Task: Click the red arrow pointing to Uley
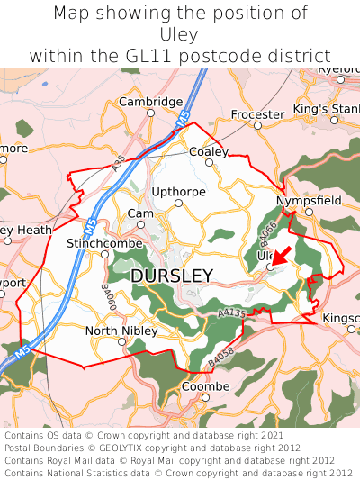281,256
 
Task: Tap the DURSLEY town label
172,276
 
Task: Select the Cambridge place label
151,102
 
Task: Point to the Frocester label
257,114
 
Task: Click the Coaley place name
209,152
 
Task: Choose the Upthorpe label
178,191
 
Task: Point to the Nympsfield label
309,200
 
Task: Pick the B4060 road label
107,298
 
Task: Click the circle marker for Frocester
257,126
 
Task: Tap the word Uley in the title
180,34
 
